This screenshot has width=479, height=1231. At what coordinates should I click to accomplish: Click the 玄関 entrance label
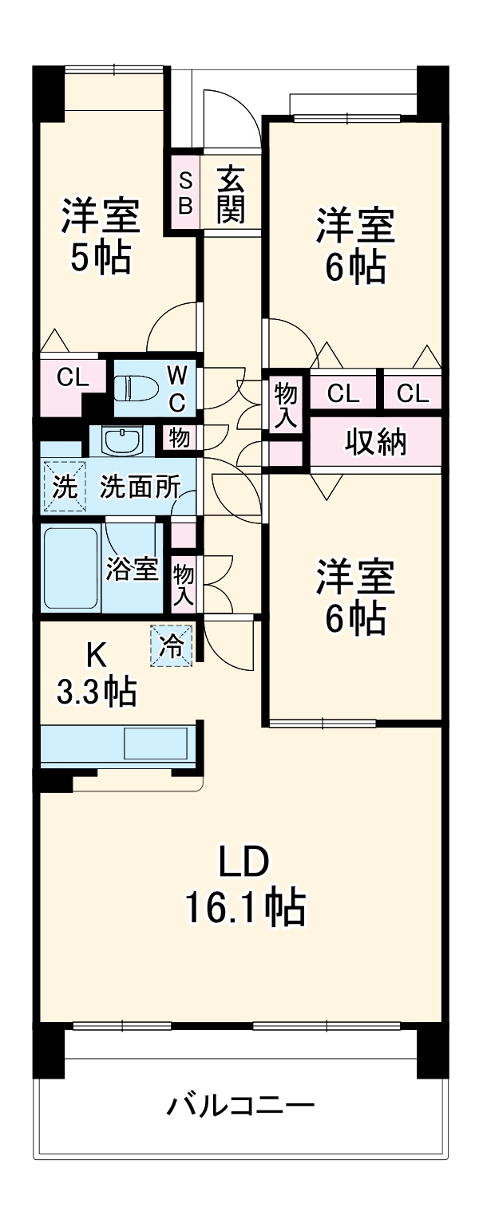tap(231, 194)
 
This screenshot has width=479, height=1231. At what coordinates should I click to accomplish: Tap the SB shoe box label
tap(184, 194)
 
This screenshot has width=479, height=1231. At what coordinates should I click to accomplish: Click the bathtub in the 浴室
tap(70, 567)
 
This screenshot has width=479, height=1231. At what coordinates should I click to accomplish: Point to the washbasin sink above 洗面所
tap(123, 439)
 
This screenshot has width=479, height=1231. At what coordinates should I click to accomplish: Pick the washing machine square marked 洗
tap(61, 486)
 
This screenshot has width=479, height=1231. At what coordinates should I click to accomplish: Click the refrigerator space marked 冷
tap(172, 645)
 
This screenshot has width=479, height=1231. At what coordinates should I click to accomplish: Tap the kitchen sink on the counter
tap(156, 744)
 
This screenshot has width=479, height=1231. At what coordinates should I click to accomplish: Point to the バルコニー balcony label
tap(240, 1107)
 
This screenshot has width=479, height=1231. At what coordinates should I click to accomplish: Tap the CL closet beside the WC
tap(72, 377)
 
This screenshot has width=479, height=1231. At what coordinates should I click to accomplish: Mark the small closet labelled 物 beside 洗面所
tap(179, 438)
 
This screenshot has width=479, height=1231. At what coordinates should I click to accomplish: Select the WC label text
tap(176, 389)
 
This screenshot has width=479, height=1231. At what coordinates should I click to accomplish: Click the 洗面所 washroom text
tap(139, 486)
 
